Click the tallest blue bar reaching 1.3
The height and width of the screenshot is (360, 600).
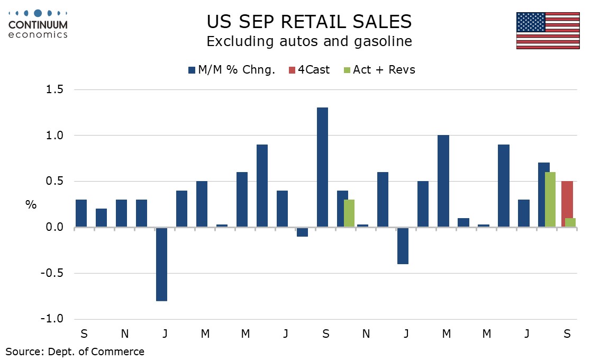coord(322,167)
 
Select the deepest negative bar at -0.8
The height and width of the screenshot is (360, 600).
coord(161,264)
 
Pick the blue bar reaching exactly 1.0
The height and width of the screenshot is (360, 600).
coord(443,181)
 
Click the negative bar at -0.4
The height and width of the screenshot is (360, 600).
coord(403,246)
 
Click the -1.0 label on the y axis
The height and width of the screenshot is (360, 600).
coord(51,319)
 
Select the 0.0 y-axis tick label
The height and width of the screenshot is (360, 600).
coord(53,228)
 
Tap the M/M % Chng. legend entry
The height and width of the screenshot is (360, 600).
coord(231,69)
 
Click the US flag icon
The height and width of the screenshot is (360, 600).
coord(548,30)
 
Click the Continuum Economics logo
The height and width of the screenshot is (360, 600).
coord(38,24)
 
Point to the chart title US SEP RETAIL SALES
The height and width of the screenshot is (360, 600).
coord(309,21)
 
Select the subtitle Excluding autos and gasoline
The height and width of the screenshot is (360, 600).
coord(309,41)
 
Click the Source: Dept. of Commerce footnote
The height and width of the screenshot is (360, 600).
coord(75,351)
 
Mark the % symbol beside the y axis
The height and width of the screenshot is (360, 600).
coord(31,204)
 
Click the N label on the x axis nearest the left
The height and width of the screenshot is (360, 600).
coord(124,334)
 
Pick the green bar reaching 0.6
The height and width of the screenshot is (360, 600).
coord(549,200)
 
